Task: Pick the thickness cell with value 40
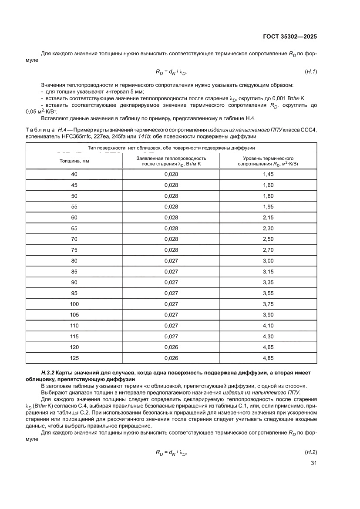[74, 174]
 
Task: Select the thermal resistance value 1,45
[268, 174]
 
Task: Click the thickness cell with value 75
[74, 250]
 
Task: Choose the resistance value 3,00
[268, 261]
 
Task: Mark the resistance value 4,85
[268, 358]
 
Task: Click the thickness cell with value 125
[74, 358]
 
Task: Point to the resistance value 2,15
[268, 217]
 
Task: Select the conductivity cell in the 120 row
[171, 347]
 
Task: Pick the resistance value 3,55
[268, 293]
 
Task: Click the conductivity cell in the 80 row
[171, 261]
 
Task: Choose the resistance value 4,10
[268, 326]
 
